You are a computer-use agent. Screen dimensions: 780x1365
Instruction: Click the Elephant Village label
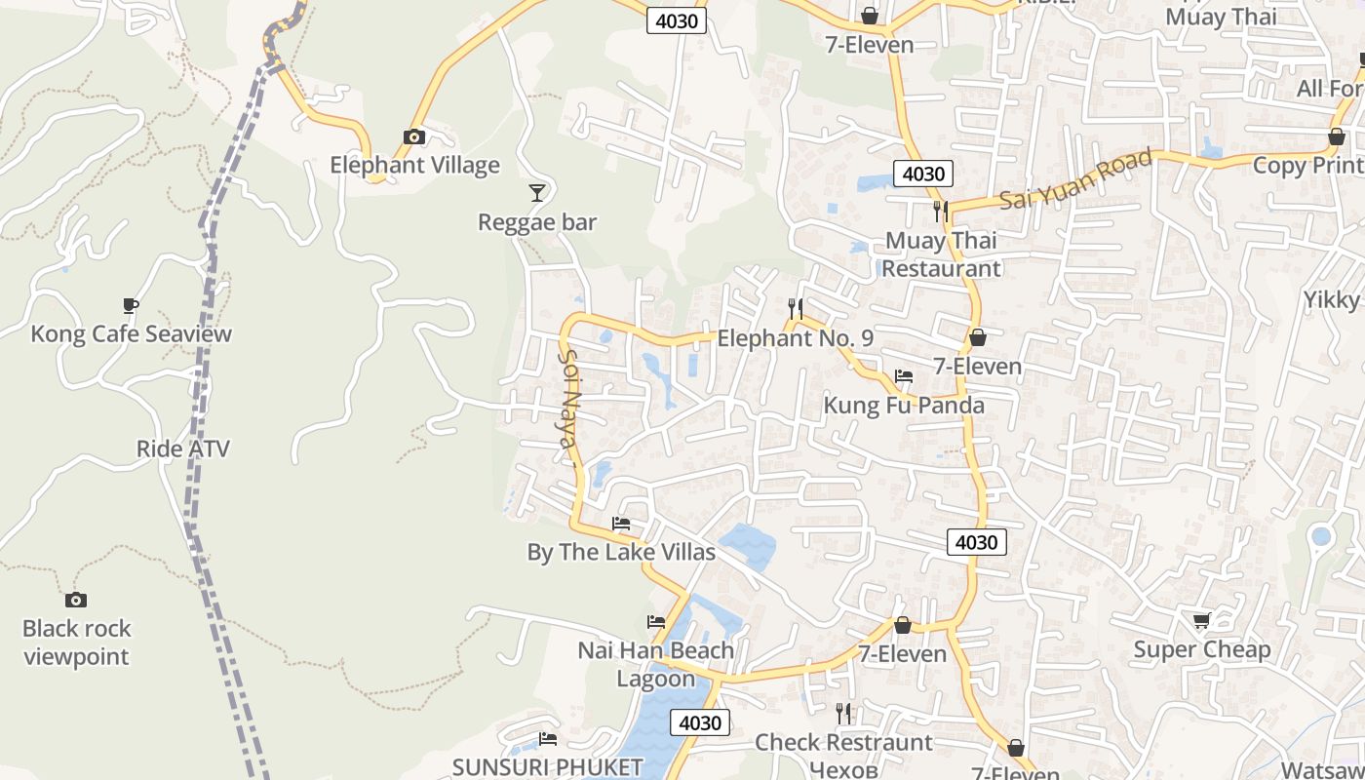[x=414, y=165]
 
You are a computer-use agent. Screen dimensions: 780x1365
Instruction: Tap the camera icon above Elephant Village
[x=414, y=136]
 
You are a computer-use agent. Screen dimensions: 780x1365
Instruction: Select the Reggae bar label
[x=536, y=222]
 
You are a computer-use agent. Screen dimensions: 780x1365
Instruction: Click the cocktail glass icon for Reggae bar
[x=536, y=192]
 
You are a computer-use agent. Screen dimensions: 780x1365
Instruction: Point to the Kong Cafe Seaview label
[x=131, y=333]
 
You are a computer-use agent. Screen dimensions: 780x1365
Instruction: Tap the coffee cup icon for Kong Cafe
[x=131, y=306]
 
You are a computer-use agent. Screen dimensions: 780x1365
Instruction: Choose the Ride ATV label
[x=182, y=448]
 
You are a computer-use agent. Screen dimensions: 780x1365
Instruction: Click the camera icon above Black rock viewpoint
[x=76, y=600]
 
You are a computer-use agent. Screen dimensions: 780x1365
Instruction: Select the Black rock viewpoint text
[x=76, y=643]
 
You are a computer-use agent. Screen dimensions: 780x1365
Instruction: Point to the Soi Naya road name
[x=567, y=399]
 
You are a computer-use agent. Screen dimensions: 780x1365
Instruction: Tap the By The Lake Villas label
[x=621, y=552]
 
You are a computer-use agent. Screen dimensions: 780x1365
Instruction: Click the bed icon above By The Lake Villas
[x=621, y=524]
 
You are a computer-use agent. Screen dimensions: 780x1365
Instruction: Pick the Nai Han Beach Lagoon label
[x=656, y=664]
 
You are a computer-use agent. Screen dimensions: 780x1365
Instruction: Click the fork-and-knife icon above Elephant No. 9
[x=796, y=309]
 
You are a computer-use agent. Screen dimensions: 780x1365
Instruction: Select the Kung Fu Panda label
[x=904, y=405]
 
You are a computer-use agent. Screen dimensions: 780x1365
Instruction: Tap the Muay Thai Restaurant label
[x=941, y=254]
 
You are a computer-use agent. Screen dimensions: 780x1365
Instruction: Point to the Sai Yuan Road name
[x=1076, y=180]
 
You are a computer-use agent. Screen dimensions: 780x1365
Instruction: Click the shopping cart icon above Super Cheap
[x=1202, y=620]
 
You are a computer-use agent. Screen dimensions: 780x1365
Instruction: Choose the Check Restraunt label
[x=843, y=743]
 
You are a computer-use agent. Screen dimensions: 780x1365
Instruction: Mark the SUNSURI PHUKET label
[x=547, y=766]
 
